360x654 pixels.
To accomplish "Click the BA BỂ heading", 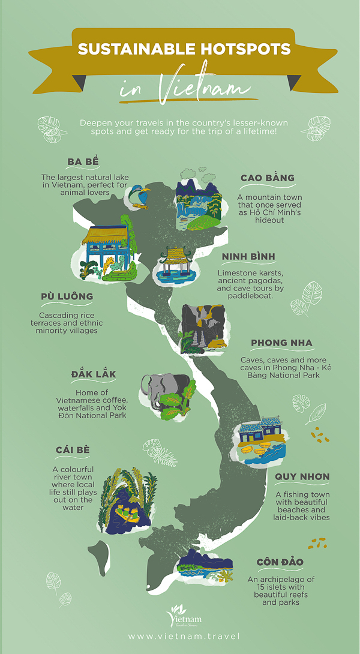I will pos(83,163).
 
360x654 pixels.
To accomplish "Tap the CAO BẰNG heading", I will pos(268,178).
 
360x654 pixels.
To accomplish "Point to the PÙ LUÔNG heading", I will pos(67,296).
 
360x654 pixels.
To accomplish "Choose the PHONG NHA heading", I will pos(281,343).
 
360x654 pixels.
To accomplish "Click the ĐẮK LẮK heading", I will pos(92,374).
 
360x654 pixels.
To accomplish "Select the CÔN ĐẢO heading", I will pos(280,562).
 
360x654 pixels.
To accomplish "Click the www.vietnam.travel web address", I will pos(184,636).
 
